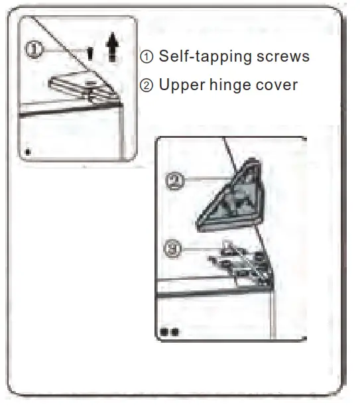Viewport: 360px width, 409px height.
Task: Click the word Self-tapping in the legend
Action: (x=199, y=56)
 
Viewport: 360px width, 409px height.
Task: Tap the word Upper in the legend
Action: (x=179, y=86)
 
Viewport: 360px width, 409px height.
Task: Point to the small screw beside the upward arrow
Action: (x=90, y=53)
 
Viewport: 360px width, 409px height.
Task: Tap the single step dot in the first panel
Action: (x=27, y=150)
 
